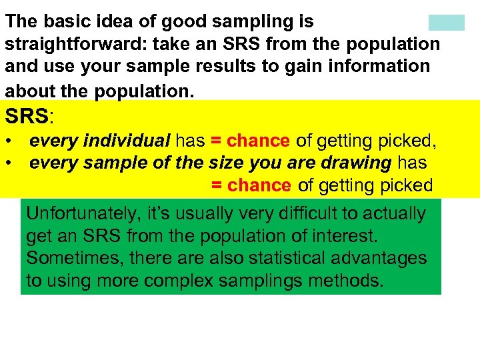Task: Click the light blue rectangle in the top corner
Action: pyautogui.click(x=446, y=23)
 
